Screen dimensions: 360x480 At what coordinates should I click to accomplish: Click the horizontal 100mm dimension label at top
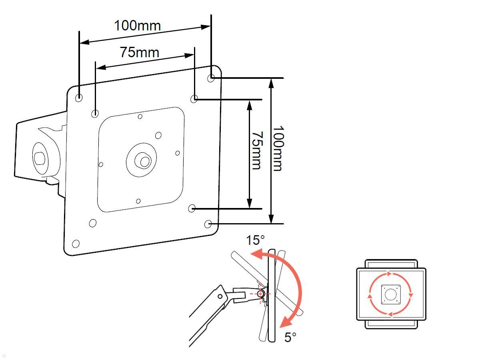[137, 26]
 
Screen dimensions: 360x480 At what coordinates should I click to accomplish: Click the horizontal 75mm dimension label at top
[139, 52]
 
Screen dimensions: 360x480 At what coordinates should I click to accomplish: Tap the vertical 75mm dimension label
[256, 150]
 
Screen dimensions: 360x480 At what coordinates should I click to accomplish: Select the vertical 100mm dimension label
[277, 148]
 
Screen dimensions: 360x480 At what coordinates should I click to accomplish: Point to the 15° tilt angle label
[255, 240]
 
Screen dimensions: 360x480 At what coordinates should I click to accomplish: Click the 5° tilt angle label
[290, 337]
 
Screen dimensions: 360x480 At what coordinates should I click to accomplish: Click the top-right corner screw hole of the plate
[212, 78]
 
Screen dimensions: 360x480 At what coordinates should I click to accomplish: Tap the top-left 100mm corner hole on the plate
[79, 97]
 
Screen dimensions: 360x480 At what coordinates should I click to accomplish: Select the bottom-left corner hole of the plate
[76, 243]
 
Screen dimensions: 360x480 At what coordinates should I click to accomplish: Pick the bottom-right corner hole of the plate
[208, 224]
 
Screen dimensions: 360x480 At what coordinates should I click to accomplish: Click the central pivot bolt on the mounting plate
[144, 161]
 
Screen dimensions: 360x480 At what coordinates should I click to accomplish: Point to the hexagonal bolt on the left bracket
[39, 159]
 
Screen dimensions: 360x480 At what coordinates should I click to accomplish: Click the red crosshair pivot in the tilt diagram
[260, 294]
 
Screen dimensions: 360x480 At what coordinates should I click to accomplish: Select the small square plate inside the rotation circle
[390, 295]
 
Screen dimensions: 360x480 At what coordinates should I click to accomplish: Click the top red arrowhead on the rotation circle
[390, 274]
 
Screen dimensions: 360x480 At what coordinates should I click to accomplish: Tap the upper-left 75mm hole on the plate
[95, 114]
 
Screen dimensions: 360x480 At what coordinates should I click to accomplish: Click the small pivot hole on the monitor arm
[220, 296]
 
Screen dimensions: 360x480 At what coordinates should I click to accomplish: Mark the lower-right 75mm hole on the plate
[192, 208]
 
